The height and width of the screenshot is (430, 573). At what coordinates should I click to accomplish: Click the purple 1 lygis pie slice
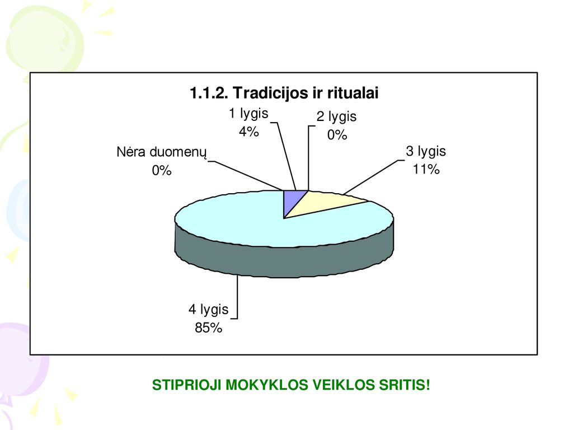[x=291, y=200]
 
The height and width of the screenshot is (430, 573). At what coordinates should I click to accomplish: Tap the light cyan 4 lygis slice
[x=256, y=223]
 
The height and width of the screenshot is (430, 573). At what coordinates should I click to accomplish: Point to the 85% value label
[x=208, y=328]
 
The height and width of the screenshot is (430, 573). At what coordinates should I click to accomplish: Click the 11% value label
[x=426, y=169]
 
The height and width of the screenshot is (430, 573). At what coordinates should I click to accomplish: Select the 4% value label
[x=249, y=131]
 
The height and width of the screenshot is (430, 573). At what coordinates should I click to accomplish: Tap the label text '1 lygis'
[x=248, y=114]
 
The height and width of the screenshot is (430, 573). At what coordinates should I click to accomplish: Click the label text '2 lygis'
[x=336, y=116]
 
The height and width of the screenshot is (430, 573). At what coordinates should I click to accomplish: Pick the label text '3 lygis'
[x=426, y=151]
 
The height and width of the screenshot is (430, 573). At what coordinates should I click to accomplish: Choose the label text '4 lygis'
[x=208, y=310]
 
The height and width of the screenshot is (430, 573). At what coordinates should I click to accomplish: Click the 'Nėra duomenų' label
[x=162, y=152]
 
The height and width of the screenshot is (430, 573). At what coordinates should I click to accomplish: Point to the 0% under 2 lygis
[x=337, y=135]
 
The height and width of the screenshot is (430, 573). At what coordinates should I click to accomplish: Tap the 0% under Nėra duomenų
[x=162, y=170]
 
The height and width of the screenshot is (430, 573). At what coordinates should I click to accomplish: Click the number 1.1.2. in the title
[x=209, y=93]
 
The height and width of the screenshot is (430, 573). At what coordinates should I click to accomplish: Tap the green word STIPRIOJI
[x=186, y=385]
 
